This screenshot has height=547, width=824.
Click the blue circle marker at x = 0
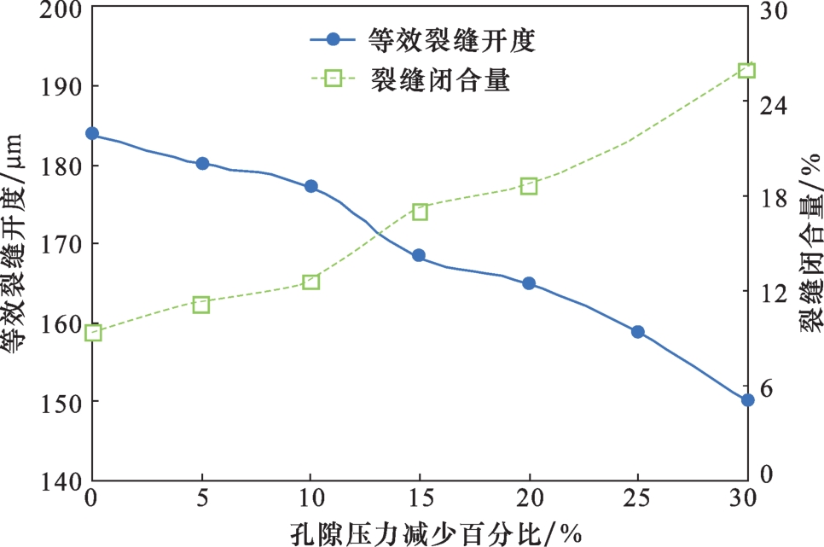coord(92,134)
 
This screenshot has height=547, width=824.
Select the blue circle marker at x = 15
coord(419,255)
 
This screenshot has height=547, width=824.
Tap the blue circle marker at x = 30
coord(747,399)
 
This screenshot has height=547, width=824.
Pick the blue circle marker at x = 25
coord(637,332)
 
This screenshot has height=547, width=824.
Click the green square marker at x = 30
coord(746,70)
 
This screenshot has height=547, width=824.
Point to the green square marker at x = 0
coord(93,333)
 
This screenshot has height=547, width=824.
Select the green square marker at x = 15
coord(420,212)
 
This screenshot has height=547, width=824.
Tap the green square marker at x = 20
coord(529,186)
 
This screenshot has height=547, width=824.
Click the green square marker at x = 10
coord(310,282)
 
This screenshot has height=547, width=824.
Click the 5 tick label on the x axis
coord(202,499)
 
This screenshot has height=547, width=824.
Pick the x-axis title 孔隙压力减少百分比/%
coord(420,532)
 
